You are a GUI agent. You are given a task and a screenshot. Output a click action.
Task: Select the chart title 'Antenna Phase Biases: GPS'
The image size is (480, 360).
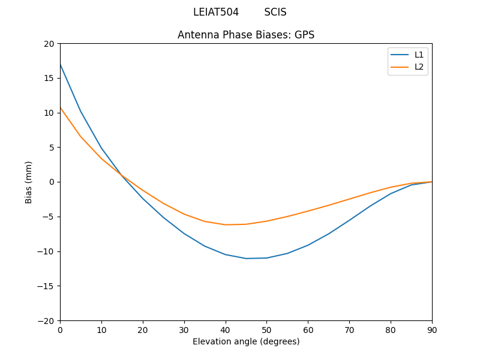[246, 35]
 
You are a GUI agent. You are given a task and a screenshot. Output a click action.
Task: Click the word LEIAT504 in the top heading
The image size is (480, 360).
[216, 12]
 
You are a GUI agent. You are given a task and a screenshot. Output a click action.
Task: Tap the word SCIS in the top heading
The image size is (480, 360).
[275, 12]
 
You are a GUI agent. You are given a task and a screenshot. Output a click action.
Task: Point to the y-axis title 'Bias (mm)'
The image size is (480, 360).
[29, 182]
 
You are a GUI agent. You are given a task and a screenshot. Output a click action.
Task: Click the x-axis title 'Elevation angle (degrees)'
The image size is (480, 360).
[246, 341]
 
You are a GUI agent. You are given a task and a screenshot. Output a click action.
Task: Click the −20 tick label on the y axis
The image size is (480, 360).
[47, 320]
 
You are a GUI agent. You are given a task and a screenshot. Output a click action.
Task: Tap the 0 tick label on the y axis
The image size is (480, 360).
[52, 182]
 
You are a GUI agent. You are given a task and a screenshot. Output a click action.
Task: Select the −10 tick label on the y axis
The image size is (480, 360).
[47, 251]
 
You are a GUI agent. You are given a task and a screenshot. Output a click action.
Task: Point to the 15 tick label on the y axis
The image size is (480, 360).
[49, 78]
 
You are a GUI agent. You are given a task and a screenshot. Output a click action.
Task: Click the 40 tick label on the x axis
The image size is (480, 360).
[226, 329]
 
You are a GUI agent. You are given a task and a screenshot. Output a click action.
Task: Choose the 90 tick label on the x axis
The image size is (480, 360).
[432, 329]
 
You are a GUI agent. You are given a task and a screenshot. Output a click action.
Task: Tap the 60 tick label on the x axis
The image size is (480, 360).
[308, 329]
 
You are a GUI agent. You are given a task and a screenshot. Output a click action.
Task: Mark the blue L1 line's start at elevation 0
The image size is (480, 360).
[61, 64]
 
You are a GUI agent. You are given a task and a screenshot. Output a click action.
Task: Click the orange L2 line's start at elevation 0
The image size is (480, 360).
[61, 108]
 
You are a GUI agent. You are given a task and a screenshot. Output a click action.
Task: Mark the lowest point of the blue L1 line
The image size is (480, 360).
[246, 259]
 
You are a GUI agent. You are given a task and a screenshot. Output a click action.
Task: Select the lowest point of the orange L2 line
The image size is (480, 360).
[226, 224]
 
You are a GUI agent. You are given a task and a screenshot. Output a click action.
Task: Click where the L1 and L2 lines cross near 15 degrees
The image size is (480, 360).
[122, 176]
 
